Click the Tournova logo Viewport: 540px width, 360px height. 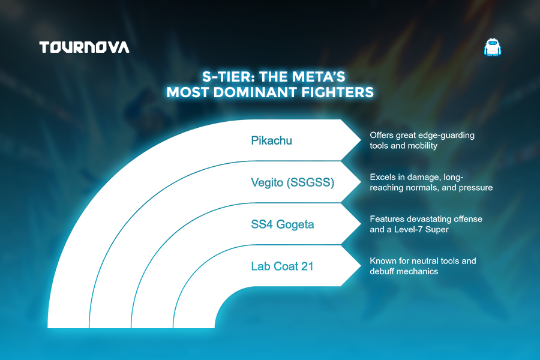pyautogui.click(x=85, y=47)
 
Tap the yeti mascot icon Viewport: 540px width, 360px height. pyautogui.click(x=493, y=47)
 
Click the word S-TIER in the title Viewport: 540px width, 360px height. pyautogui.click(x=228, y=76)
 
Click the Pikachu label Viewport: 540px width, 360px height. pyautogui.click(x=271, y=140)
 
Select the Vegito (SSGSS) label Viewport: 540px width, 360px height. pyautogui.click(x=292, y=182)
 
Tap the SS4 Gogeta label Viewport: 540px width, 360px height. pyautogui.click(x=283, y=224)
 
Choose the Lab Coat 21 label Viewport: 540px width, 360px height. pyautogui.click(x=282, y=266)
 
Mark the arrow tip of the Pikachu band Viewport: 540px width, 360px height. pyautogui.click(x=361, y=140)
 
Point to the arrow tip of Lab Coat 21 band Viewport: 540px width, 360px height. pyautogui.click(x=361, y=266)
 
